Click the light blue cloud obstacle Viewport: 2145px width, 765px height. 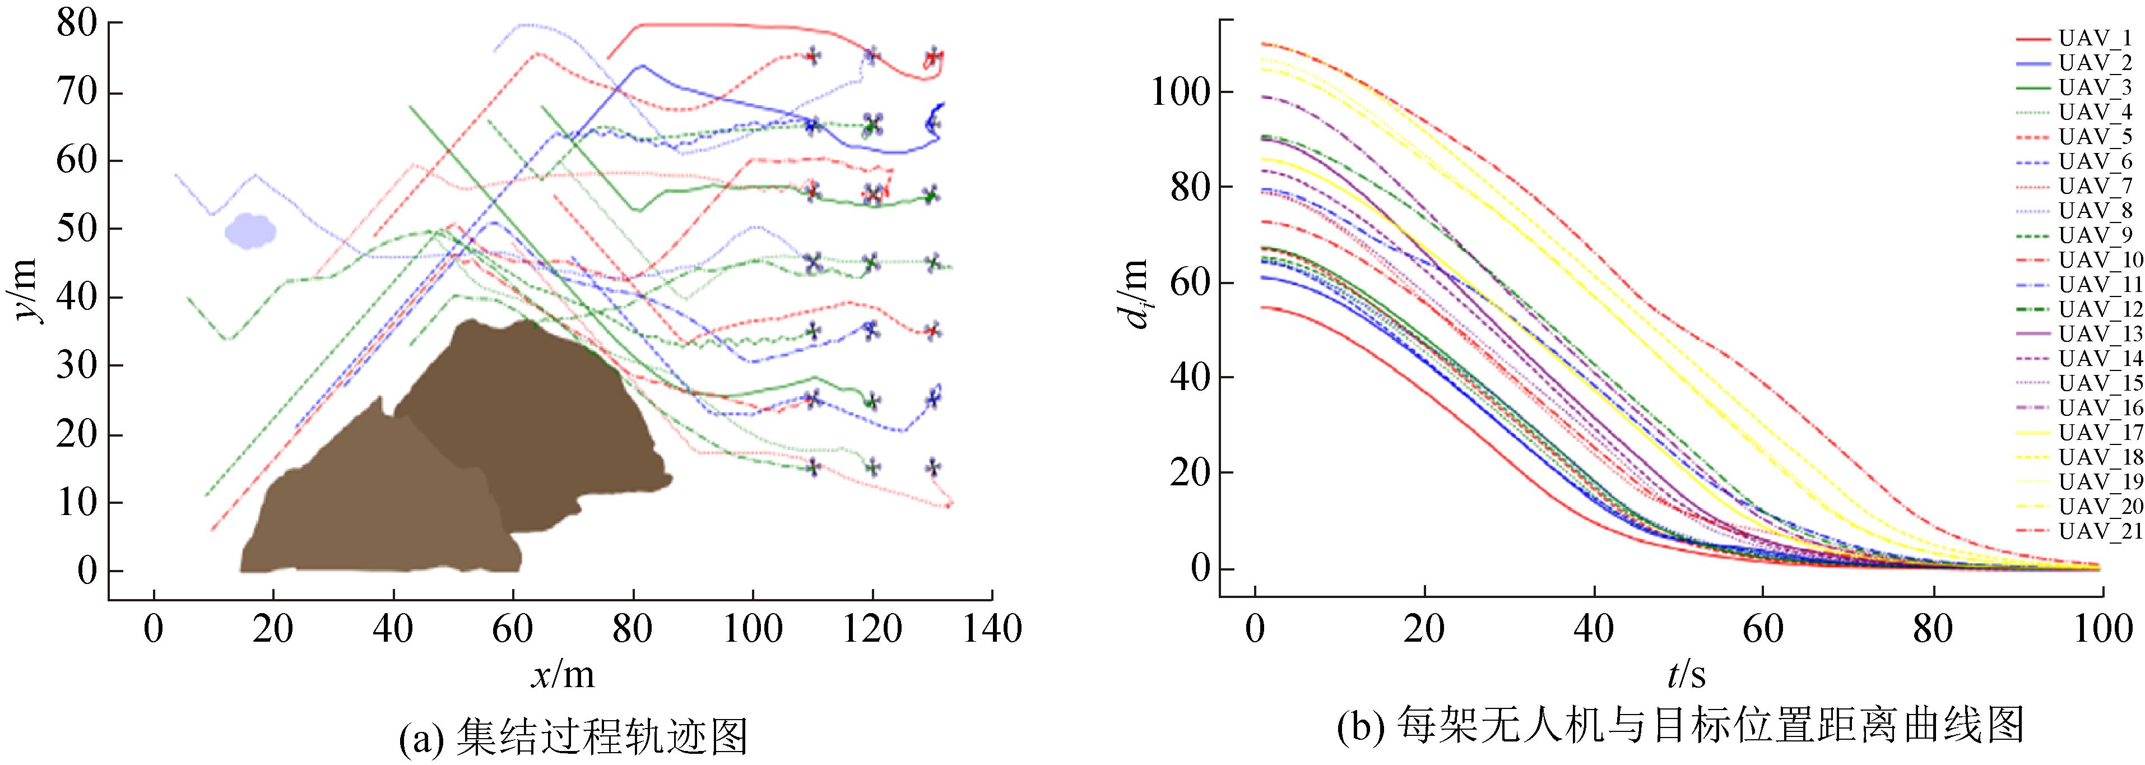coord(250,231)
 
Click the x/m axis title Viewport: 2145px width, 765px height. coord(564,674)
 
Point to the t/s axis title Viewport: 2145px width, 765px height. coord(1686,674)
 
